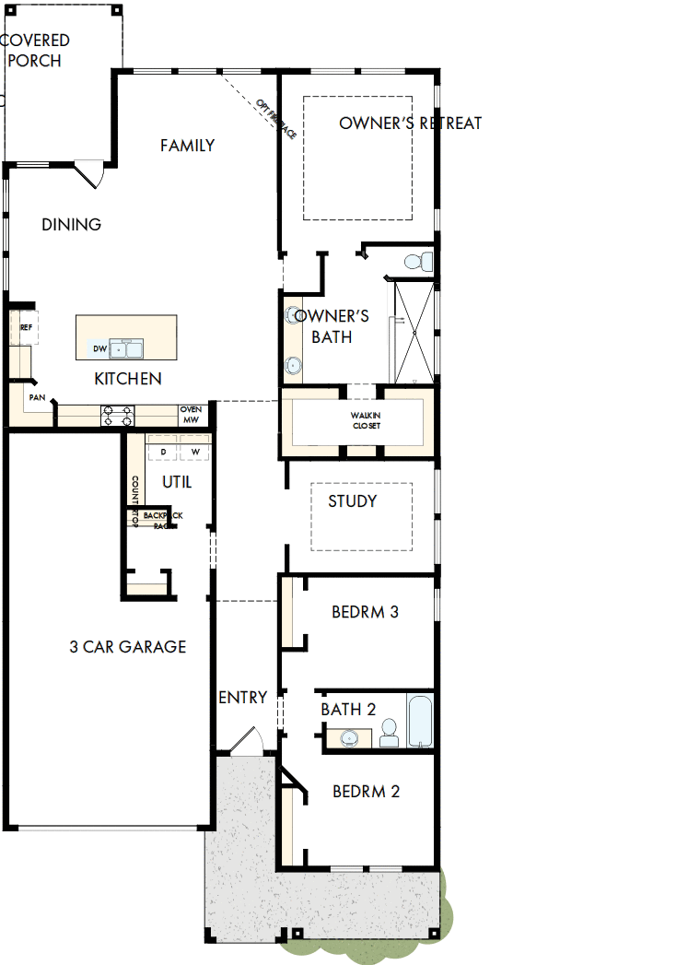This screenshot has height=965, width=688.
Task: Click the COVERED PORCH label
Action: click(x=35, y=51)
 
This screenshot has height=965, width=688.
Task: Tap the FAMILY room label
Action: click(x=187, y=146)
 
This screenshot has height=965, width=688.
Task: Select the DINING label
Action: click(x=71, y=225)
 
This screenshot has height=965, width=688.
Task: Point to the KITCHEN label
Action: click(x=128, y=379)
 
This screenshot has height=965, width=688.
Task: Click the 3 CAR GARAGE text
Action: click(x=127, y=647)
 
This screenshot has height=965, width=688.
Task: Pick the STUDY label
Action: click(x=353, y=501)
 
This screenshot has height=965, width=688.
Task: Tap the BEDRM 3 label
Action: click(x=365, y=612)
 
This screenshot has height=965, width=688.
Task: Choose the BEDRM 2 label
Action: click(x=366, y=792)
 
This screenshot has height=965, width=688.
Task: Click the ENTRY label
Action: click(x=242, y=698)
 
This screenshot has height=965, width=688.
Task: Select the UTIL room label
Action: click(x=177, y=482)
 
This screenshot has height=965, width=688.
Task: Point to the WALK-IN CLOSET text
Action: click(x=366, y=420)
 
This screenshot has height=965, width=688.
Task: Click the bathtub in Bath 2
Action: click(x=419, y=723)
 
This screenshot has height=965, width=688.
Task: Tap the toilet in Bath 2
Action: click(x=389, y=734)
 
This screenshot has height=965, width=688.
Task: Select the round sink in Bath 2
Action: click(x=350, y=737)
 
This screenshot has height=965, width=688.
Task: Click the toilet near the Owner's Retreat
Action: click(x=419, y=261)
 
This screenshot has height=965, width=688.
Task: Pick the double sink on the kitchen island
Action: click(x=126, y=348)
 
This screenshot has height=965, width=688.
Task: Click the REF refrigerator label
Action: click(x=26, y=327)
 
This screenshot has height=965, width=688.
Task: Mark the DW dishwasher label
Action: click(x=99, y=348)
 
